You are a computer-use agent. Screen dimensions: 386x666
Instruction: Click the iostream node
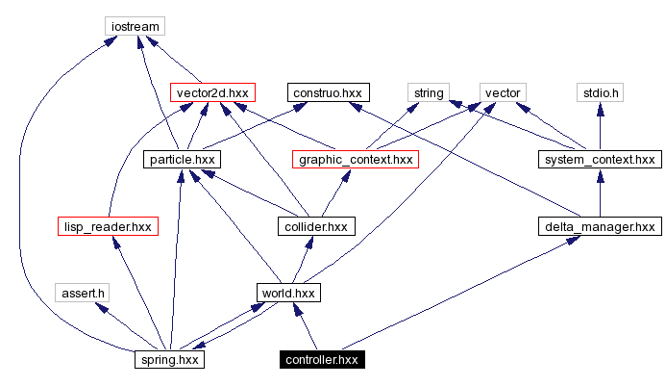pos(134,25)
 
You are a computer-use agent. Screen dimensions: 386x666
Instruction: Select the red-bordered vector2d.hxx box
pos(211,92)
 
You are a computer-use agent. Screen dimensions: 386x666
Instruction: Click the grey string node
pos(428,92)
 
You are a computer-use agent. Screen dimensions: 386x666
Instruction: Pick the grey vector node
pos(503,92)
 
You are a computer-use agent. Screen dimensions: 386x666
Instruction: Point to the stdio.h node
pos(601,92)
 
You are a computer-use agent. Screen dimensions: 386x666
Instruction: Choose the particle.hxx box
pos(182,159)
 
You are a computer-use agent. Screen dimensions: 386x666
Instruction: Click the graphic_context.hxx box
pos(356,159)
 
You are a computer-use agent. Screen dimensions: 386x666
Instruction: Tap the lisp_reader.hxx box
pos(107,226)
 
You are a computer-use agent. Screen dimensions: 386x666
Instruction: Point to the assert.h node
pos(83,292)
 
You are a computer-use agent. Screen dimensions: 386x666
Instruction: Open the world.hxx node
pos(287,292)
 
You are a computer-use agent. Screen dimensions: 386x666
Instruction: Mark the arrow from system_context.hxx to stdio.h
pos(601,125)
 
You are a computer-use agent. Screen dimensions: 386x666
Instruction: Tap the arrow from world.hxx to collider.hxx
pos(302,259)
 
